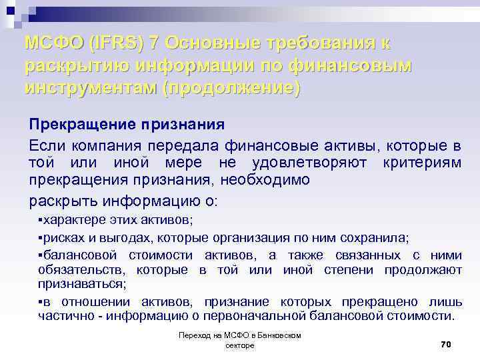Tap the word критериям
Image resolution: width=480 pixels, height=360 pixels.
coord(423,163)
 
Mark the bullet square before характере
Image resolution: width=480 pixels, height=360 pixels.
coord(41,220)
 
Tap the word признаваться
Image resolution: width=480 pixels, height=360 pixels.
coord(81,284)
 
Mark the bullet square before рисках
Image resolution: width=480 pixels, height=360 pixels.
coord(41,238)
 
